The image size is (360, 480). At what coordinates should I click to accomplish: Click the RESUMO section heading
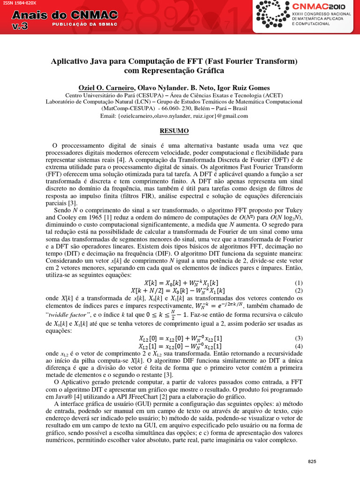[x=174, y=131]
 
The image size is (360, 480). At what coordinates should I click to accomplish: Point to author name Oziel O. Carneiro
[x=105, y=88]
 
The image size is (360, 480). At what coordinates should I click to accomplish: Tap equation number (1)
[x=299, y=283]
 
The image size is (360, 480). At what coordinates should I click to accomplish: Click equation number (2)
[x=299, y=291]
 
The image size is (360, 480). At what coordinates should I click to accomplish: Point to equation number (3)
[x=299, y=338]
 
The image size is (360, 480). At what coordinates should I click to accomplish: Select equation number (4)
[x=299, y=346]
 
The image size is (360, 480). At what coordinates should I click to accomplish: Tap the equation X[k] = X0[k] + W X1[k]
[x=181, y=283]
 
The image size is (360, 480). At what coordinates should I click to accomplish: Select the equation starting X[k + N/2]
[x=174, y=291]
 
